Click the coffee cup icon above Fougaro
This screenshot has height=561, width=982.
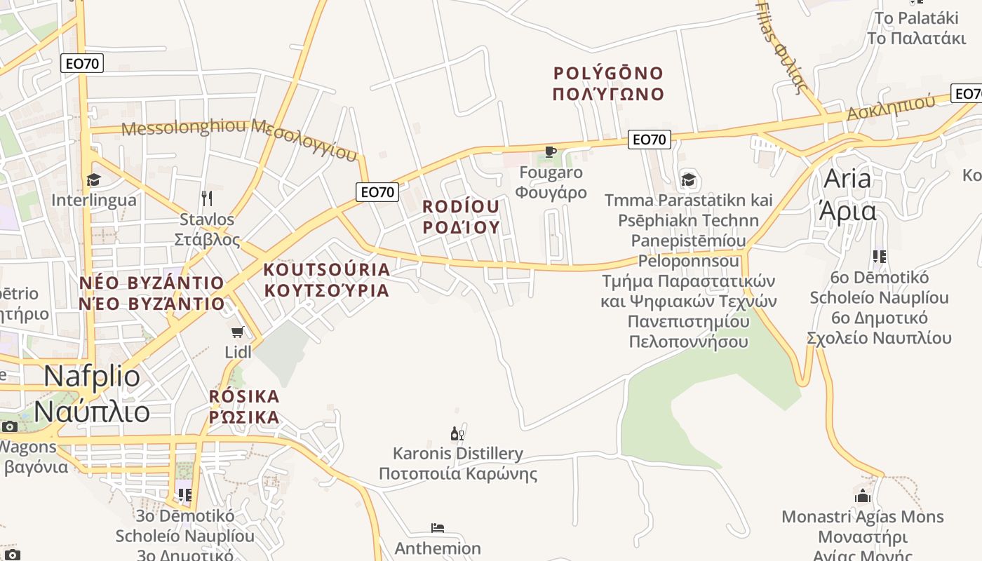[551, 151]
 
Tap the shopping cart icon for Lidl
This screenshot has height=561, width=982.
[238, 331]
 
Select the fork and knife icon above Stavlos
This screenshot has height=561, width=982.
[206, 198]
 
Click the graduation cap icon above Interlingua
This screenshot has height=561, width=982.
[93, 180]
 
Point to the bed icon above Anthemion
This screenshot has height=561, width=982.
[438, 528]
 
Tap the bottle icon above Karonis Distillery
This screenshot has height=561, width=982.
[457, 434]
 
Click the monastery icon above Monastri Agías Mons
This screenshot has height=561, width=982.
[862, 496]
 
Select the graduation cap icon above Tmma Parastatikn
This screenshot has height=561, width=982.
[688, 180]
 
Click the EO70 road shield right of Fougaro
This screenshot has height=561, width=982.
[649, 140]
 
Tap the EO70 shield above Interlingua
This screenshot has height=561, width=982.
[82, 63]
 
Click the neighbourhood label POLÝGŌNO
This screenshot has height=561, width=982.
[608, 73]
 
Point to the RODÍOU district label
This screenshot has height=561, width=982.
[461, 207]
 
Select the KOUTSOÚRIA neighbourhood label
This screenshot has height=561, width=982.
[326, 269]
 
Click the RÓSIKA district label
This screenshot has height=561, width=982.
[244, 396]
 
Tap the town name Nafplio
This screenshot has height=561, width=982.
[92, 377]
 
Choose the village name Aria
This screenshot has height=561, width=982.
[847, 179]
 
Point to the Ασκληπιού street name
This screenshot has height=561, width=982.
[891, 107]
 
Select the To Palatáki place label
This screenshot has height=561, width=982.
[917, 17]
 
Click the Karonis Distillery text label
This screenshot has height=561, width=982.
[457, 454]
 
